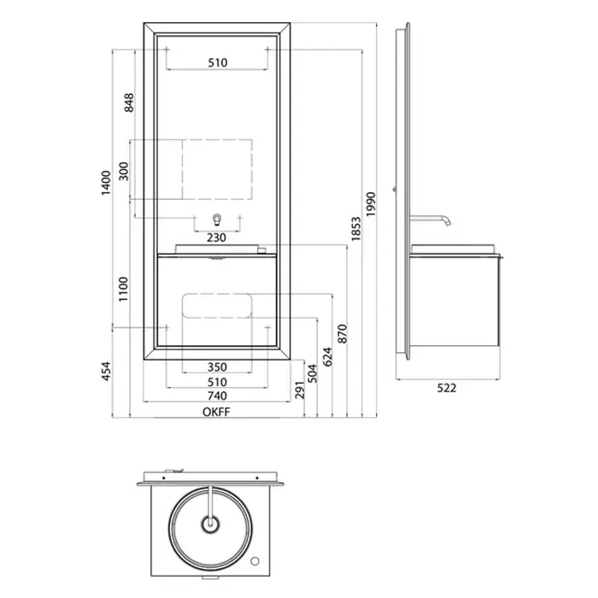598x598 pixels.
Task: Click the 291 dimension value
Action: point(298,389)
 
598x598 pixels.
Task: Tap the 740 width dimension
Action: point(217,396)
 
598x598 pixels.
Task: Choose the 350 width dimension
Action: point(217,367)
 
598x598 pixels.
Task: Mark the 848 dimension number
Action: point(129,103)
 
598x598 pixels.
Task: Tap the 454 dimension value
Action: point(106,372)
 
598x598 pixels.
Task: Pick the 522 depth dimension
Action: point(448,387)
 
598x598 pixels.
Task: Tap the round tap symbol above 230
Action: point(217,219)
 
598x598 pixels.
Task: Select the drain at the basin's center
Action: point(209,522)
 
